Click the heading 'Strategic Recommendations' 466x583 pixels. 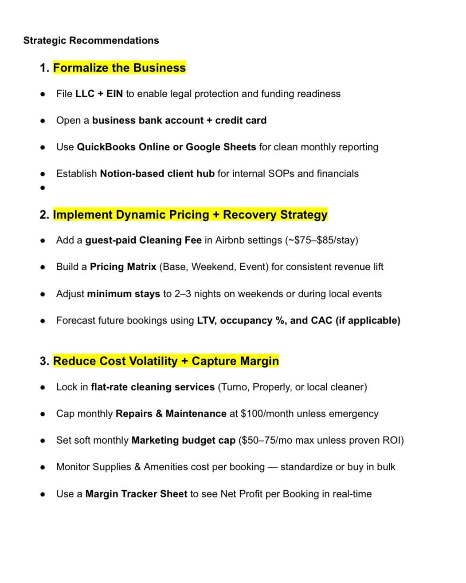tap(91, 40)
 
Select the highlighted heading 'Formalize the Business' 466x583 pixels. tap(119, 68)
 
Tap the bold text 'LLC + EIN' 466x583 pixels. tap(99, 94)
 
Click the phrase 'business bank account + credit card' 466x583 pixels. tap(179, 121)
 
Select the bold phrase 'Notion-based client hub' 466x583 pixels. tap(157, 174)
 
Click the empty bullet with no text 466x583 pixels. tap(43, 188)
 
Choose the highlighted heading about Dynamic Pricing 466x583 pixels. tap(190, 215)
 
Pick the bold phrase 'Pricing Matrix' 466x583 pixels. tap(123, 267)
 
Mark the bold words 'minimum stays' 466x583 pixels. tap(123, 294)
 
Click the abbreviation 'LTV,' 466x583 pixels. tap(207, 321)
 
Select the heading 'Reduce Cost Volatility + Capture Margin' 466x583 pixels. tap(166, 361)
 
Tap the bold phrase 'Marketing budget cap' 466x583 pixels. tap(183, 441)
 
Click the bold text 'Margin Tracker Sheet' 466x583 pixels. tap(136, 494)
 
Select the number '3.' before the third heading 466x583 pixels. tap(44, 361)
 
